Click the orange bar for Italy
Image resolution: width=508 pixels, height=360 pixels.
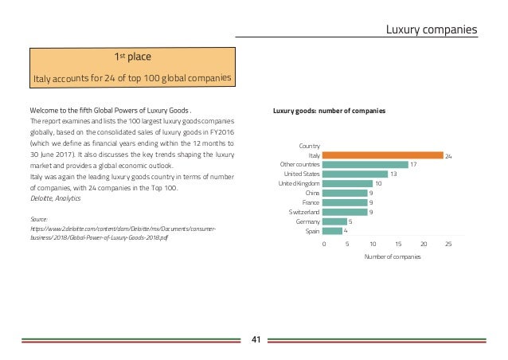[x=382, y=155]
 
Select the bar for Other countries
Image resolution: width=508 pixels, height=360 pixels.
[x=365, y=165]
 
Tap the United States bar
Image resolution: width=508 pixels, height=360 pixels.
[x=355, y=174]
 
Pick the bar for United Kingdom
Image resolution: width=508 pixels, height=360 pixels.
[x=347, y=184]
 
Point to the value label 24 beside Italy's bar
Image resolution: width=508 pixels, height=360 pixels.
[x=449, y=156]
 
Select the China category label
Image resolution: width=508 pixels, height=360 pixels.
[x=312, y=194]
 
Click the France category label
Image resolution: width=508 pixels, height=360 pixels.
[x=311, y=203]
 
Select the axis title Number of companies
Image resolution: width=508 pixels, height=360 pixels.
[x=392, y=257]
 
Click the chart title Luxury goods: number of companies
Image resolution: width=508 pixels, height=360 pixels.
[x=329, y=111]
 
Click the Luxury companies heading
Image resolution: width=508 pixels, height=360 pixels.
[x=431, y=30]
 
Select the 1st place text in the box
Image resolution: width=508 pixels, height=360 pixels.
[x=133, y=57]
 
